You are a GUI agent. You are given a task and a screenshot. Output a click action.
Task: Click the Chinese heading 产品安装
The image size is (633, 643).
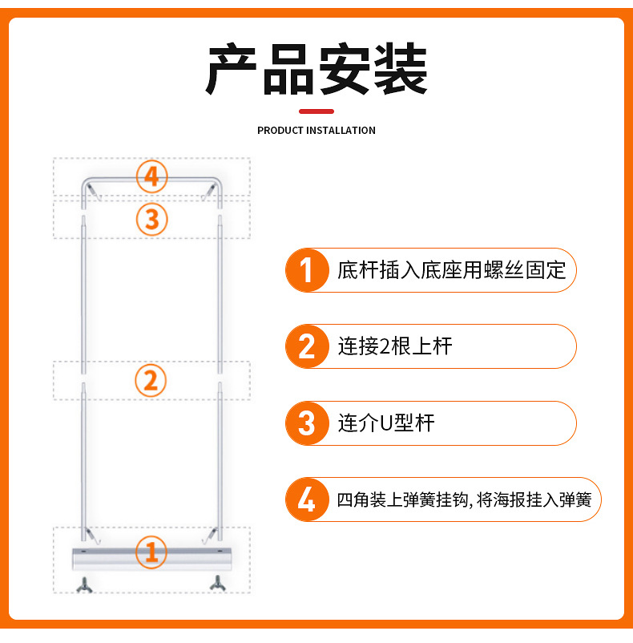(x=316, y=68)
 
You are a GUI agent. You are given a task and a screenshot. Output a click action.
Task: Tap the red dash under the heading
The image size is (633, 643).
(x=316, y=111)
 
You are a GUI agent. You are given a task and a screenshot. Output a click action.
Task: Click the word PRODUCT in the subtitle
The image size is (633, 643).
(x=280, y=131)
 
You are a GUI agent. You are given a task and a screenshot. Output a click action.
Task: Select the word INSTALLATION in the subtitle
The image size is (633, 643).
(x=341, y=131)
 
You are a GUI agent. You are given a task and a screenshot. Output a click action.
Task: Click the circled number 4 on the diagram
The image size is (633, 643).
(x=151, y=176)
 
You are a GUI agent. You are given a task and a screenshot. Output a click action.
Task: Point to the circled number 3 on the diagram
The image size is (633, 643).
(x=151, y=220)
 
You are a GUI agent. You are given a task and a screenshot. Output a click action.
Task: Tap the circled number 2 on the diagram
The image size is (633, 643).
(x=151, y=381)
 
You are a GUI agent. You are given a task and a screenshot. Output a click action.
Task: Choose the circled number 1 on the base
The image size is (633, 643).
(x=151, y=552)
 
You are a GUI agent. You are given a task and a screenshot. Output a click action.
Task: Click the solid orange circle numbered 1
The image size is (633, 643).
(x=307, y=270)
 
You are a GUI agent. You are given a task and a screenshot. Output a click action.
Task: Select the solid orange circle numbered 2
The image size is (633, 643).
(x=307, y=346)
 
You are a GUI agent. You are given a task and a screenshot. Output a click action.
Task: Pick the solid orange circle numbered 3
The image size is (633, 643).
(x=307, y=423)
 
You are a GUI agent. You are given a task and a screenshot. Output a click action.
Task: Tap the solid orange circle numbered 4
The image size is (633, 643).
(x=307, y=499)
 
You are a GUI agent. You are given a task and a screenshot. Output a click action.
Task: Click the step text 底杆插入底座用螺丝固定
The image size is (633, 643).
(x=451, y=270)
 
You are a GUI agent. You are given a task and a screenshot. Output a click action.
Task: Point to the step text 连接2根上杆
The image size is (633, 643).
(x=395, y=346)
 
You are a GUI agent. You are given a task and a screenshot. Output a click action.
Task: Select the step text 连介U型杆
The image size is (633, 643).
(x=386, y=423)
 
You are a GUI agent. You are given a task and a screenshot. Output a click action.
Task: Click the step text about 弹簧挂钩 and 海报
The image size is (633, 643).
(x=464, y=499)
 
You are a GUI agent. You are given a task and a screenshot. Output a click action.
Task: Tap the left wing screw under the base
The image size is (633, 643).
(x=84, y=584)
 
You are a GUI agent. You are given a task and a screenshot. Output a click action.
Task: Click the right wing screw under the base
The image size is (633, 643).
(x=218, y=583)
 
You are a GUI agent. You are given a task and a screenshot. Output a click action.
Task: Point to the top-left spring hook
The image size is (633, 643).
(x=94, y=192)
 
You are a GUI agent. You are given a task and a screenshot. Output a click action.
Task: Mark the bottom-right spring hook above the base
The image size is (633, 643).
(x=209, y=536)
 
